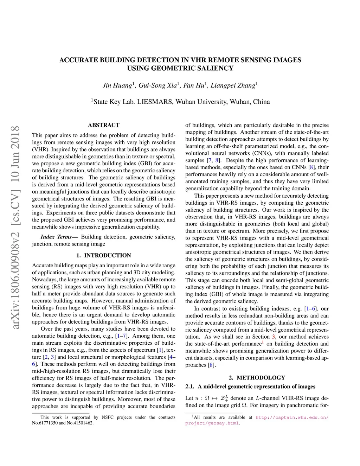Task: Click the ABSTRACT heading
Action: point(104,125)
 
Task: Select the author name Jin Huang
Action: point(117,85)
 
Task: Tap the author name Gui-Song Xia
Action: point(157,85)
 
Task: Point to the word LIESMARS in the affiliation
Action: point(155,102)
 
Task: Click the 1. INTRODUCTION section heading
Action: point(104,256)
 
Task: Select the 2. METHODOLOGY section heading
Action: point(257,378)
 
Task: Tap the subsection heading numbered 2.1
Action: point(250,387)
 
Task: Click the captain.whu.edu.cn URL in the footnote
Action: point(292,417)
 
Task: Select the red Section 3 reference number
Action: point(274,337)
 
